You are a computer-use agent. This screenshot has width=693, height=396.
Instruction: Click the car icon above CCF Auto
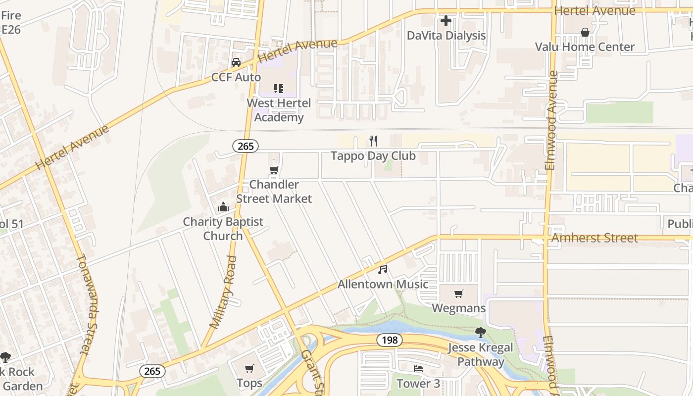coord(236,62)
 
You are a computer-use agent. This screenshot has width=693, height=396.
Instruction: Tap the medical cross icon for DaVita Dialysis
coord(446,21)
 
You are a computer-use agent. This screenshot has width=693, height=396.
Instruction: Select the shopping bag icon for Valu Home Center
coord(585,32)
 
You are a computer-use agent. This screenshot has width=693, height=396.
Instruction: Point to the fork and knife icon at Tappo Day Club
coord(373,141)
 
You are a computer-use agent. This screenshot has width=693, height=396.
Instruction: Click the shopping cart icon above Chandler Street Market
coord(274,170)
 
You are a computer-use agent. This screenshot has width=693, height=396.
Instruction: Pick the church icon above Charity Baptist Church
coord(223,207)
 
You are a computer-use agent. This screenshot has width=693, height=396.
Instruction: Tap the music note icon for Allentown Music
coord(383,270)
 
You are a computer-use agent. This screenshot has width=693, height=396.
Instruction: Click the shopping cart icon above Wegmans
coord(458,294)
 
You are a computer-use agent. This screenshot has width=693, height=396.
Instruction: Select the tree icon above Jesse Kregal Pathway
coord(480,332)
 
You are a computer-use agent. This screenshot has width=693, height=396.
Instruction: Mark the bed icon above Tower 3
coord(418,369)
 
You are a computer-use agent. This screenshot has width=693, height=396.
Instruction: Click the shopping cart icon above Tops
coord(249,368)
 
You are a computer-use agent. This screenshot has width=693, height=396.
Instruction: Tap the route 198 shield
coord(389,340)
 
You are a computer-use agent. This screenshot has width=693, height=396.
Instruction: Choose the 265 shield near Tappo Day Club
coord(246,146)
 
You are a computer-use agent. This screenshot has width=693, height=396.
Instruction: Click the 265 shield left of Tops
coord(152,371)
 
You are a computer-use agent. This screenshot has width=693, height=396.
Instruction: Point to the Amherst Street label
coord(594,238)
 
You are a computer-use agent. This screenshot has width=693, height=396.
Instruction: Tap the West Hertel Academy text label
coord(279,110)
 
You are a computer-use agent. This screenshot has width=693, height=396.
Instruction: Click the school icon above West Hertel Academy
coord(279,89)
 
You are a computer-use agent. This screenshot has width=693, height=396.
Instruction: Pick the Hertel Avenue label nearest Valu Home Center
coord(594,10)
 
